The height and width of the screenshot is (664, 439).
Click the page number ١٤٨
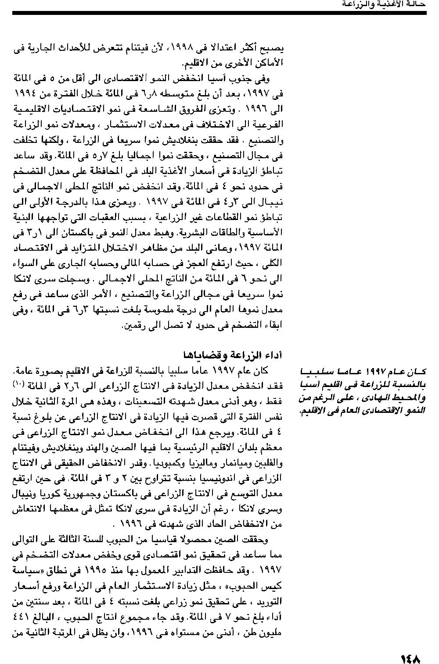(x=410, y=646)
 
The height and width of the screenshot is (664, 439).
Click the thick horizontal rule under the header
(x=219, y=13)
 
